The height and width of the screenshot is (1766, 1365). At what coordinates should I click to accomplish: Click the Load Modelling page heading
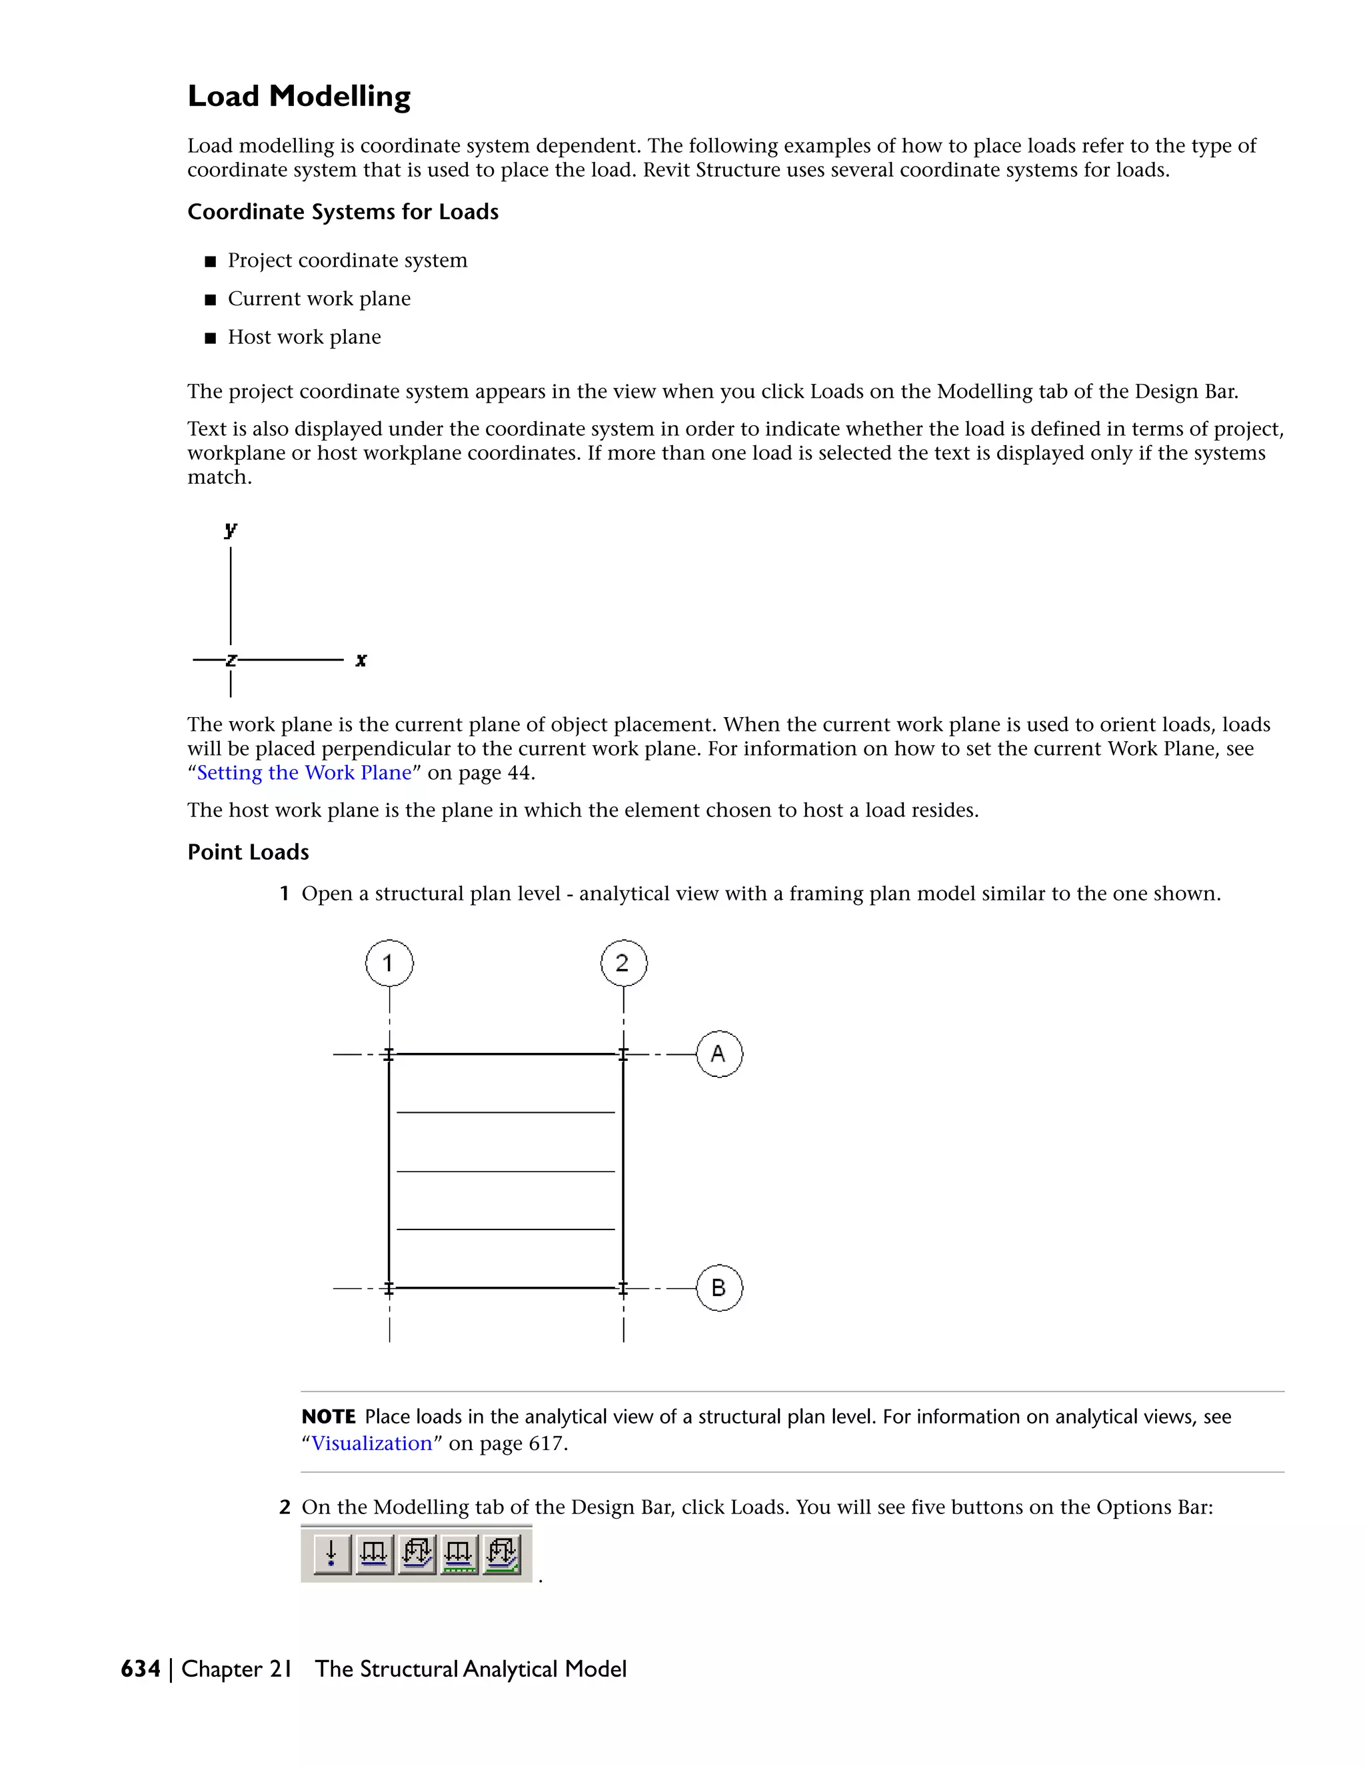click(x=299, y=96)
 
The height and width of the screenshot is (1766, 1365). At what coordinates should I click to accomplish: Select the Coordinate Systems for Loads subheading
click(x=343, y=212)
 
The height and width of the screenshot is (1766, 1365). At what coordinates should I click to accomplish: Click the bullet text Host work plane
click(x=304, y=337)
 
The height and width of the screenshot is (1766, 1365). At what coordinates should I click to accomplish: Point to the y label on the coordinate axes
click(x=231, y=530)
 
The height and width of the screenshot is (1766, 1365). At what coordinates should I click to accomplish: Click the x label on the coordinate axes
click(x=361, y=660)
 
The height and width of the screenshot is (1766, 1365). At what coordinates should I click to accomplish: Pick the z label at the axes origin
click(x=231, y=660)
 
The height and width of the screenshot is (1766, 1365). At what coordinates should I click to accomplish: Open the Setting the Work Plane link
click(x=304, y=773)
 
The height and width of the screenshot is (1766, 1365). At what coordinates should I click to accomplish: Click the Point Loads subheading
click(x=248, y=852)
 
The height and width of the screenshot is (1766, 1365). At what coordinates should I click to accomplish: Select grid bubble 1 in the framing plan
click(x=389, y=963)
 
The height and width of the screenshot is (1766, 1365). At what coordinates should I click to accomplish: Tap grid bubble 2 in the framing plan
click(x=623, y=963)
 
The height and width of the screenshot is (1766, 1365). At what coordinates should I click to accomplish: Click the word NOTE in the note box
click(x=329, y=1417)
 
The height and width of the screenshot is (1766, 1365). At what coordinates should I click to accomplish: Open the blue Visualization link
click(x=372, y=1443)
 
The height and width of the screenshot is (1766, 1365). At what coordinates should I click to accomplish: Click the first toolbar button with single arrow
click(x=331, y=1553)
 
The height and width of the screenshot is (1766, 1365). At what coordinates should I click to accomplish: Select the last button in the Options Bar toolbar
click(x=502, y=1553)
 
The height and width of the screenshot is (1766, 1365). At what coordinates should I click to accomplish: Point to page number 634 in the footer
click(x=141, y=1669)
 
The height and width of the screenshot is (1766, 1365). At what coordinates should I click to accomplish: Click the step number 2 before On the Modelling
click(x=285, y=1507)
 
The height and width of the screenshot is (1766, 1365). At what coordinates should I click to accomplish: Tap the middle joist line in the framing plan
click(x=505, y=1171)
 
